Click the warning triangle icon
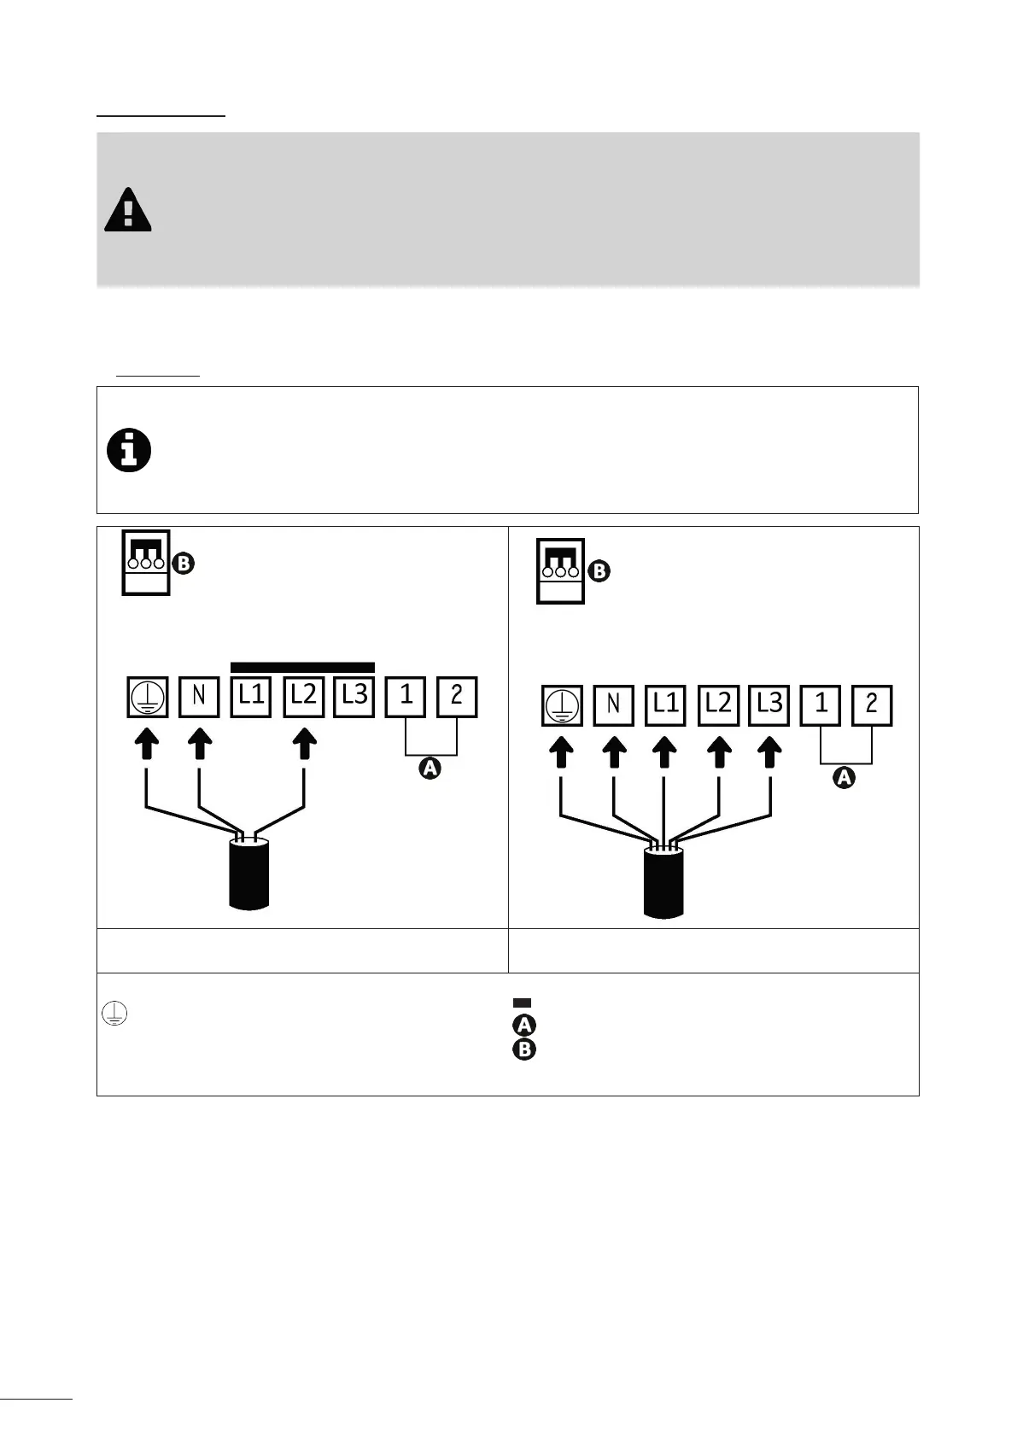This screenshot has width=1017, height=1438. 128,210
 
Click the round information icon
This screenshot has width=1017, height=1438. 129,451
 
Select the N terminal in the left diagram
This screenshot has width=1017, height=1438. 199,697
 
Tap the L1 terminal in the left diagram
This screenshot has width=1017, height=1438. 251,697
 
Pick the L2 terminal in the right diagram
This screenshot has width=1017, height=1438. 718,705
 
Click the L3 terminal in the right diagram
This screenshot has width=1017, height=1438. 769,705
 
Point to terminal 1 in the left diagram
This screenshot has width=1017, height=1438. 406,697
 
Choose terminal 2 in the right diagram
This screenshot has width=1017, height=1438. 872,705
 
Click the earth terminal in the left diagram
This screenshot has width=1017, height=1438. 148,697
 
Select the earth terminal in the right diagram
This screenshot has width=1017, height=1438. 562,706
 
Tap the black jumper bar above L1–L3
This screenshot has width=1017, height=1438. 302,667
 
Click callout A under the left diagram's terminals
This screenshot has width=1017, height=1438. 430,769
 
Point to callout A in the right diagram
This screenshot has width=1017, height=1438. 844,778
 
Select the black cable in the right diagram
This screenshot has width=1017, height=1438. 663,882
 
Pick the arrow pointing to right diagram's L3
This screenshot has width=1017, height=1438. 770,752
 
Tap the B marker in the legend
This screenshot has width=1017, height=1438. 523,1049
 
